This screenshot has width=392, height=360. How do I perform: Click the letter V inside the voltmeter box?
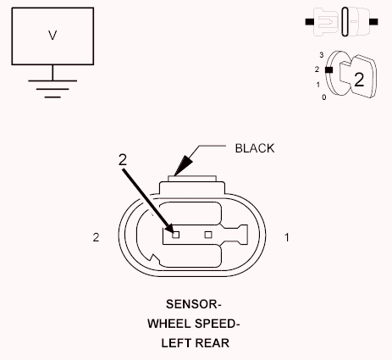(x=52, y=36)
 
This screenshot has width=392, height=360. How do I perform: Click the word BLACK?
(x=255, y=148)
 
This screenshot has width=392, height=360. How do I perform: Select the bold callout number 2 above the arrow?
(x=123, y=160)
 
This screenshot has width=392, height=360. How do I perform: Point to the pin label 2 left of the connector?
(x=96, y=237)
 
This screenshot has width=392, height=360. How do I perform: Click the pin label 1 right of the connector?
(x=287, y=237)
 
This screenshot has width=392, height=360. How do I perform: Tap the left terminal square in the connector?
(x=175, y=235)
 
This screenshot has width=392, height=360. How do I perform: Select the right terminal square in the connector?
(x=208, y=235)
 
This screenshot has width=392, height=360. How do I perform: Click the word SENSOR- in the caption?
(x=194, y=304)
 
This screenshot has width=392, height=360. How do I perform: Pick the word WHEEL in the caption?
(x=168, y=324)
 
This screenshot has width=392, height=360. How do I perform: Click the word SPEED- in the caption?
(x=216, y=324)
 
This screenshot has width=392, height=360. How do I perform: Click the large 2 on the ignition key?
(x=359, y=80)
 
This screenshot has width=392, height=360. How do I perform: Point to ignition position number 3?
(x=322, y=55)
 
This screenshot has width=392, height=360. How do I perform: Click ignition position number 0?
(x=324, y=97)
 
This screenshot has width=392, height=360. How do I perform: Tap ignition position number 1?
(x=318, y=85)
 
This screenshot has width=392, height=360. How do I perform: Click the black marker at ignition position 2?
(x=329, y=69)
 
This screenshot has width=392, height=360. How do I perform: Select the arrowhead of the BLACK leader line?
(x=183, y=166)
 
